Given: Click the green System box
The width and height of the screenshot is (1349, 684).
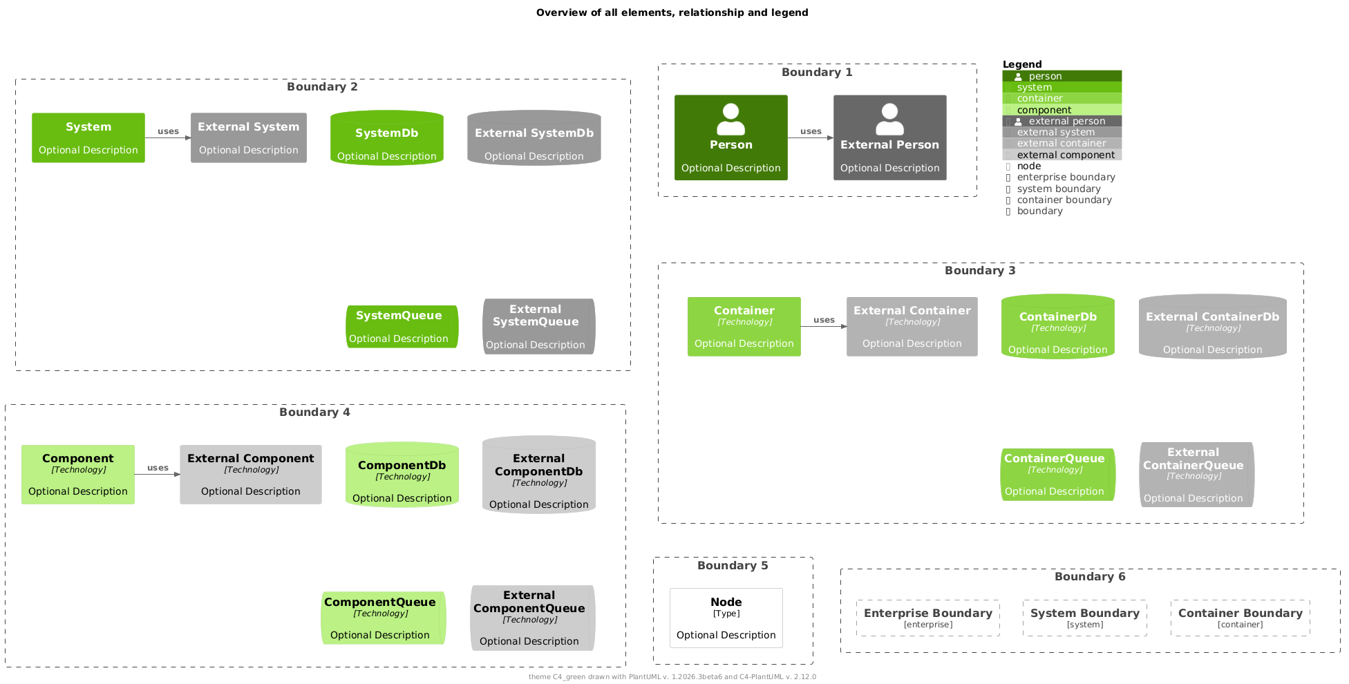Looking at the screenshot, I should tap(88, 138).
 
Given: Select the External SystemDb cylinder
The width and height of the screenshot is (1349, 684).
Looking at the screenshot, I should tap(534, 138).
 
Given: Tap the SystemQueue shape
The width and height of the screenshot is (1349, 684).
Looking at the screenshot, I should tap(402, 327).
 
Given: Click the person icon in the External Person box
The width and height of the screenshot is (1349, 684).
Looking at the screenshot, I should tap(889, 120).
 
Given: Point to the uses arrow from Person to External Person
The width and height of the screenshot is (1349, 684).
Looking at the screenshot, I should tap(811, 137).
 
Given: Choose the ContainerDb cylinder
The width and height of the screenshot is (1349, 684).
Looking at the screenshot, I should tap(1057, 327).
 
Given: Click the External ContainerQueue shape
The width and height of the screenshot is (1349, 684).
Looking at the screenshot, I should tap(1196, 475).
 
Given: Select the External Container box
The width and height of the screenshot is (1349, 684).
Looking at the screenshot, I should tap(912, 327).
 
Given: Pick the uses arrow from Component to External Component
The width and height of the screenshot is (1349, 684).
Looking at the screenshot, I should tap(158, 474).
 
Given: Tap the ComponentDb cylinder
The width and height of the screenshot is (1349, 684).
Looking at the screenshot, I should tap(402, 475).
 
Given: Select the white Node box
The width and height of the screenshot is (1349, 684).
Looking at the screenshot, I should tap(726, 618).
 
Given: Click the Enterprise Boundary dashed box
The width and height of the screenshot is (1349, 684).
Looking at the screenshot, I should tap(927, 618).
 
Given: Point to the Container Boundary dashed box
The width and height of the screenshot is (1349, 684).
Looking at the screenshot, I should tap(1240, 618).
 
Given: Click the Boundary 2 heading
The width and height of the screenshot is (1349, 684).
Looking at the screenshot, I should tap(322, 86).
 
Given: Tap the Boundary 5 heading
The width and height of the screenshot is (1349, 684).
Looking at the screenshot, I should tap(733, 566).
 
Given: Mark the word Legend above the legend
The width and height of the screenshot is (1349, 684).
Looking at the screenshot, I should tap(1021, 64).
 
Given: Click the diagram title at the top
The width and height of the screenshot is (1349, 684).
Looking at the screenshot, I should tap(672, 12).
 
